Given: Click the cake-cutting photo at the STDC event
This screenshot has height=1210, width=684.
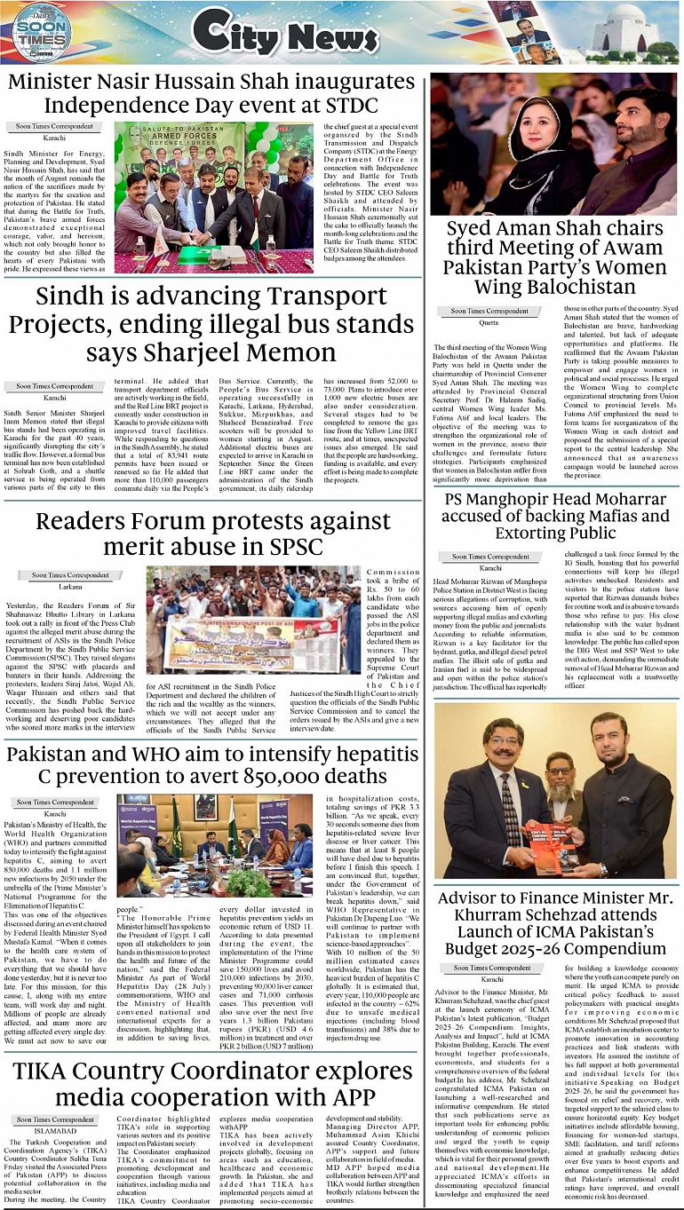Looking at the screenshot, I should [x=213, y=197].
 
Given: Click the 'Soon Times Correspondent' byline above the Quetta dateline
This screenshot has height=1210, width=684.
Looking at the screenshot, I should [x=489, y=312].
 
